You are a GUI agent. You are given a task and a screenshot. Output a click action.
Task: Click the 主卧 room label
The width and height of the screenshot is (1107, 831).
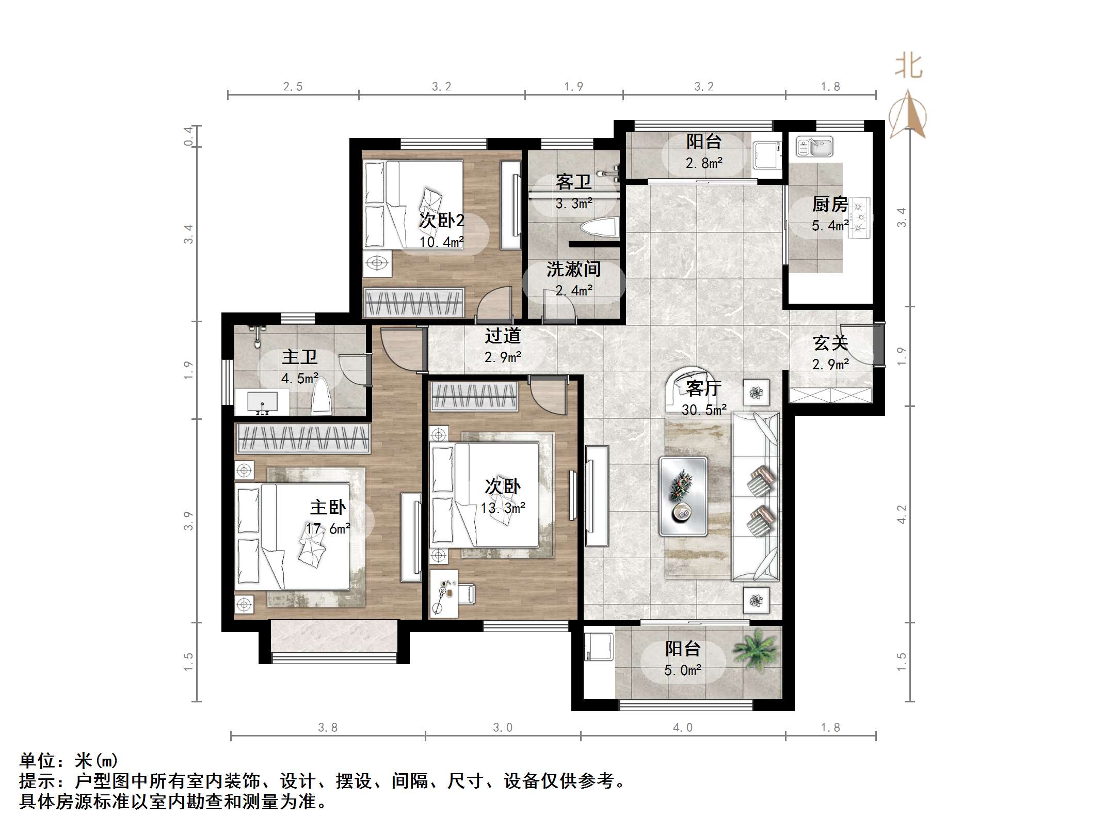(328, 507)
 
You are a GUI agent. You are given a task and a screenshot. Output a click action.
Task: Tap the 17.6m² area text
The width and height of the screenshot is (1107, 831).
(328, 528)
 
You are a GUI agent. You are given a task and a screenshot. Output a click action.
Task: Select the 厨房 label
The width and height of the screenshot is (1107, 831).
(830, 205)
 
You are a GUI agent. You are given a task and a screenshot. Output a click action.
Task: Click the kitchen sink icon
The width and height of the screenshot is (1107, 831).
(814, 146)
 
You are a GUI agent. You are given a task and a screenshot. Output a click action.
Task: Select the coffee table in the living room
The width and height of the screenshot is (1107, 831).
(683, 496)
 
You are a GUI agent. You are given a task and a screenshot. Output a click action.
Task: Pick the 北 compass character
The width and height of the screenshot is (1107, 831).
(908, 67)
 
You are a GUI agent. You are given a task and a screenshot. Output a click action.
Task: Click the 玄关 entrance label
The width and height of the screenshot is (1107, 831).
(830, 343)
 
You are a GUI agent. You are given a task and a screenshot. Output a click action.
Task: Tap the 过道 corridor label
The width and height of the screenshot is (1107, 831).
(503, 336)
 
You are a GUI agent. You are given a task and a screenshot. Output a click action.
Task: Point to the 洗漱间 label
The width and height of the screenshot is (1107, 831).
(574, 269)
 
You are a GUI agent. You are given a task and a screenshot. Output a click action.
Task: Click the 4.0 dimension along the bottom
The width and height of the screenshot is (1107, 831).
(683, 728)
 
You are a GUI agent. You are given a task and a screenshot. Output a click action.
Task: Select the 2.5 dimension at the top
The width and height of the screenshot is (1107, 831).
(293, 87)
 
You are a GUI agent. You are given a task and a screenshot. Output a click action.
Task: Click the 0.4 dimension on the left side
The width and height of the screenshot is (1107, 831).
(189, 136)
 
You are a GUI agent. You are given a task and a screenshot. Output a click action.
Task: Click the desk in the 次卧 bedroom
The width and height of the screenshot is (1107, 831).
(444, 593)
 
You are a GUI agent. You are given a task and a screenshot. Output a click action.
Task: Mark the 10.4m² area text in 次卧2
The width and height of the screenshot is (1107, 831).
(441, 242)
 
